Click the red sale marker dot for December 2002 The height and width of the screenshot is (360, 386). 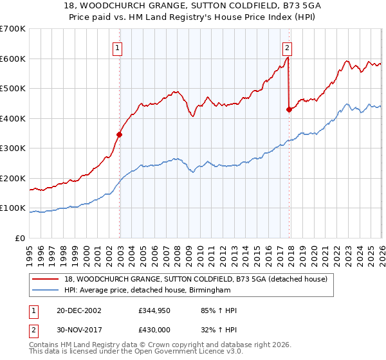pos(120,134)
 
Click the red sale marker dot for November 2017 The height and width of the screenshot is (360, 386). pos(289,109)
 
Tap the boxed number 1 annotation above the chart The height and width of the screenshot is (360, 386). pos(118,47)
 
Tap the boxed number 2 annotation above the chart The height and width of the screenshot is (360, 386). pos(287,47)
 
